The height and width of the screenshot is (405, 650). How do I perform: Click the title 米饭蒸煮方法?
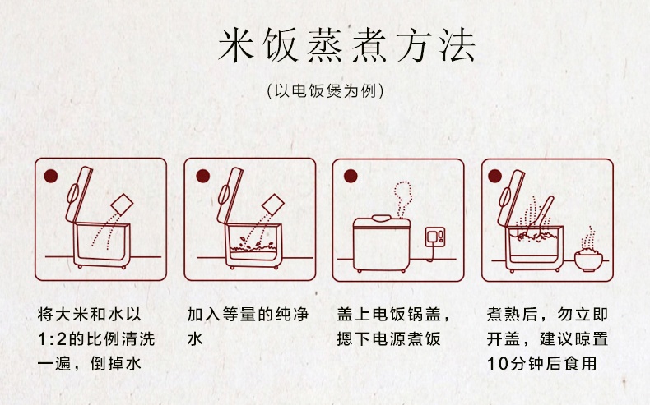346,45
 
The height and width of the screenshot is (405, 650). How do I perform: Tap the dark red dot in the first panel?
50,176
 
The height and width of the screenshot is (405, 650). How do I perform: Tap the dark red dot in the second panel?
202,177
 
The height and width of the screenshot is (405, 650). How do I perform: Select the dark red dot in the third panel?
351,177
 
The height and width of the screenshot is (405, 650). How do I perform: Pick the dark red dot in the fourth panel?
495,177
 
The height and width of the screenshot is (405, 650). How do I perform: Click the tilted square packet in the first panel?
123,204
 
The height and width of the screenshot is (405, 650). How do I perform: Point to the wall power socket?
435,237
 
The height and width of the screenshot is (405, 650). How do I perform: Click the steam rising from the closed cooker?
402,200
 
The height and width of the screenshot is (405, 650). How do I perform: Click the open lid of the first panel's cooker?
79,196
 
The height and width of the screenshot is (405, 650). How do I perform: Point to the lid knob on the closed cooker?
382,218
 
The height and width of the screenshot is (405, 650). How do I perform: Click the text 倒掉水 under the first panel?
116,364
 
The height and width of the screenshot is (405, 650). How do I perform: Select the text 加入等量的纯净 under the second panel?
248,315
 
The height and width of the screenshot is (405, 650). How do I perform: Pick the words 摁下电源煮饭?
389,338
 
